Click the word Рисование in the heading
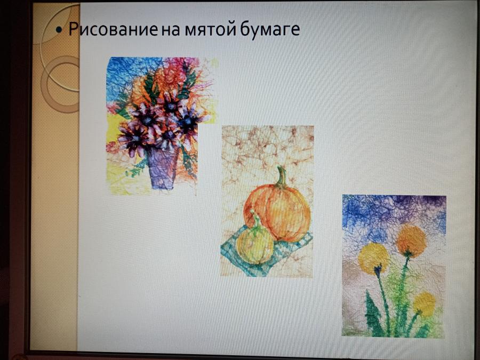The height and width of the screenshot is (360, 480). point(113,29)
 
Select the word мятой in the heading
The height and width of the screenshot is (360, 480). point(210,30)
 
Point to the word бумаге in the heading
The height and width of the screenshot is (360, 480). point(270,30)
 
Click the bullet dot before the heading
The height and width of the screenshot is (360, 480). point(59,30)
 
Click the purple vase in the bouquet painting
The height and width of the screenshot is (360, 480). point(163,168)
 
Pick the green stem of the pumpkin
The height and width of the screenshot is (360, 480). point(281,177)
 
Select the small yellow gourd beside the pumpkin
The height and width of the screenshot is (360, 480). point(255,245)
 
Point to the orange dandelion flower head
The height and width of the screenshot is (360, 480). point(411,241)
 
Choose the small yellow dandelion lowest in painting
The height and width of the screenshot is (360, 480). point(425,303)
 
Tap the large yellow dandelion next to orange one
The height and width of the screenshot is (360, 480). point(373,258)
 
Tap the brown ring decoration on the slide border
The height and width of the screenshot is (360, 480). point(60,84)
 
